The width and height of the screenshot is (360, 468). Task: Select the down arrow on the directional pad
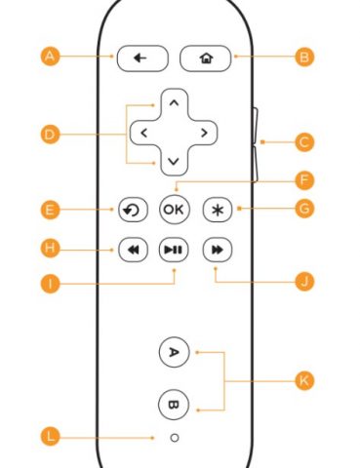click(174, 160)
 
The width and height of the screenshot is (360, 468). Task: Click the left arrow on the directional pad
click(143, 131)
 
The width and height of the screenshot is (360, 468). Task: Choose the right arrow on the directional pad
click(203, 131)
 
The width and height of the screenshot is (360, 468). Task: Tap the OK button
click(174, 209)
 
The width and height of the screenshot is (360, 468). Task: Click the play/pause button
click(174, 250)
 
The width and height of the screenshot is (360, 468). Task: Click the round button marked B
click(174, 402)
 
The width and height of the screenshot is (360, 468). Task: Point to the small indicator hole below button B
click(174, 438)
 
